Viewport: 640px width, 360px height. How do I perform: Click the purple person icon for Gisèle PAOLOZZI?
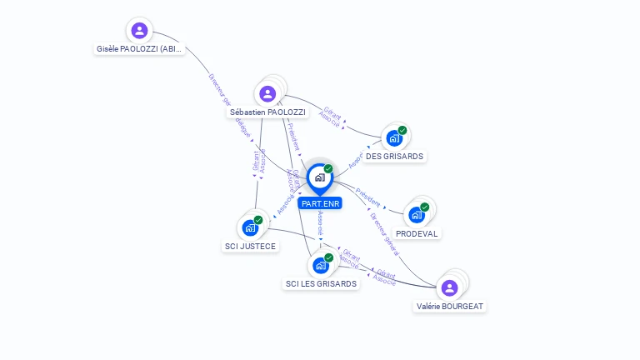click(139, 31)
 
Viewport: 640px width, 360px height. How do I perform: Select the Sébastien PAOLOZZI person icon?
click(267, 93)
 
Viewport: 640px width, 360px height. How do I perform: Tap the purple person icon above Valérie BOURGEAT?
click(450, 287)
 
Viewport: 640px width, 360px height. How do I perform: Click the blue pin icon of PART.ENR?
click(319, 177)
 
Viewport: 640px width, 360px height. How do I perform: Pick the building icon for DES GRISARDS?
click(393, 138)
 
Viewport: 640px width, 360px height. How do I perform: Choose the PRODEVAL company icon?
click(416, 215)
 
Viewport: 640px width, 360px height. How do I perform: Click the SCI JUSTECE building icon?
click(249, 227)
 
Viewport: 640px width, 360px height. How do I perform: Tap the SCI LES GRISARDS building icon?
click(320, 266)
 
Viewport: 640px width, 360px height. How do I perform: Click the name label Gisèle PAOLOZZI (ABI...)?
click(139, 49)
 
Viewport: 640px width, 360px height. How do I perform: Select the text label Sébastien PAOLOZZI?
click(267, 112)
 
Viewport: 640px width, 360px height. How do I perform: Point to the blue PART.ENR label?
click(320, 203)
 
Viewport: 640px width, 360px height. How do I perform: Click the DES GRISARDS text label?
click(394, 156)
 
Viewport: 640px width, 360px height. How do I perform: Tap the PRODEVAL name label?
click(417, 233)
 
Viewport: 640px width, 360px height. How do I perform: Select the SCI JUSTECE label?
click(250, 246)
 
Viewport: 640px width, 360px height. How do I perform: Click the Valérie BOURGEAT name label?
click(450, 306)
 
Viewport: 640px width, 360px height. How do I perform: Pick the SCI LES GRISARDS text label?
click(321, 283)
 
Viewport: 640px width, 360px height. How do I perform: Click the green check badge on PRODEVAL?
click(425, 207)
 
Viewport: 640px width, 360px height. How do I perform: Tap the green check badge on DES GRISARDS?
click(402, 130)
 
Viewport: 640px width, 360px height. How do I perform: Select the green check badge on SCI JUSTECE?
click(258, 219)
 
